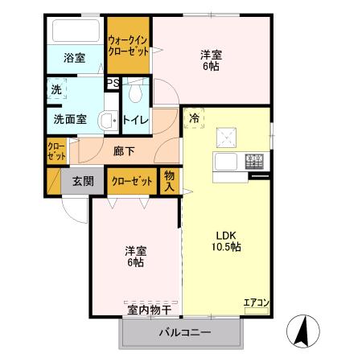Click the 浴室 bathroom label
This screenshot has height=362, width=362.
(75, 58)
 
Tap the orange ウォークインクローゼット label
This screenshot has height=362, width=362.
(128, 45)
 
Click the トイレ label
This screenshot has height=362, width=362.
(134, 121)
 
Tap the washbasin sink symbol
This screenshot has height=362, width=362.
(106, 121)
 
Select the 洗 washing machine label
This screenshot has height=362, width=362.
(56, 90)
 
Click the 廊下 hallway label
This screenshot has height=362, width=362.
(122, 150)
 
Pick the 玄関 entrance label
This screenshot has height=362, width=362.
(84, 181)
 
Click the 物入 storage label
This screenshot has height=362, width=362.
(170, 181)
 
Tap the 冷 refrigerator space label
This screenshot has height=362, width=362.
(194, 117)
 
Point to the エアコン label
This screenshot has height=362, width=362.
(256, 302)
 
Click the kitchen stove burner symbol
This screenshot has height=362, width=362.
(255, 159)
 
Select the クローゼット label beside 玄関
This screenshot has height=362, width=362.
(132, 181)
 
